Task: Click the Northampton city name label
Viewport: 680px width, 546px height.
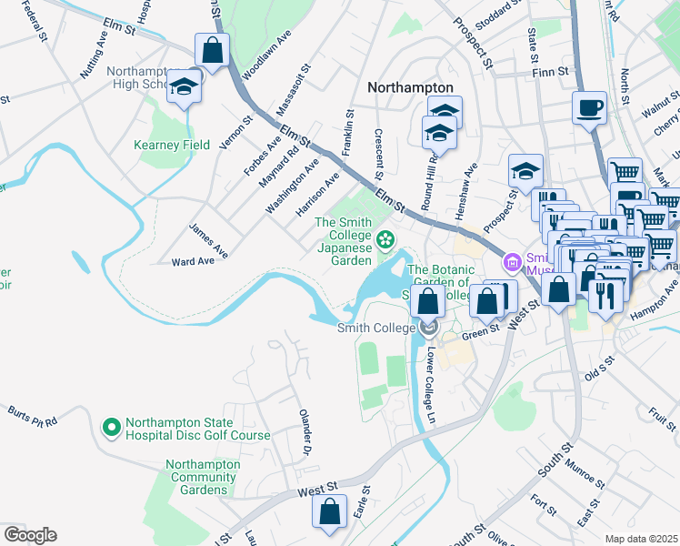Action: (410, 87)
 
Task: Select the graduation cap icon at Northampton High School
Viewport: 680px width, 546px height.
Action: (185, 86)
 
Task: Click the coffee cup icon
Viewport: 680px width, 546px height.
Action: (589, 107)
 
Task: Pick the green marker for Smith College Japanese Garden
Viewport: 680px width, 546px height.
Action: (385, 239)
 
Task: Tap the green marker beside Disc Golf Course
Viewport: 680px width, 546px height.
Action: (111, 426)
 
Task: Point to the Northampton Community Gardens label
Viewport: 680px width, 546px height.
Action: (203, 477)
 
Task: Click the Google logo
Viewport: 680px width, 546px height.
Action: (30, 535)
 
